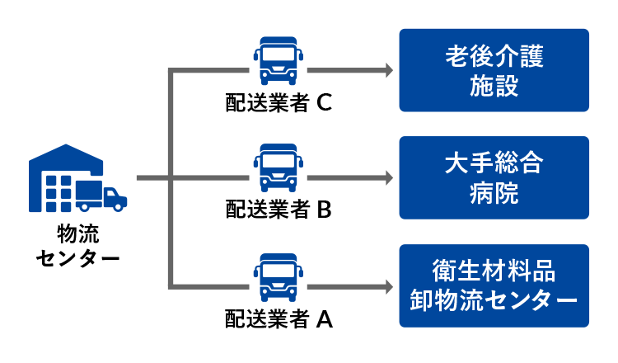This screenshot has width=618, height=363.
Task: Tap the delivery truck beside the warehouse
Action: pyautogui.click(x=102, y=195)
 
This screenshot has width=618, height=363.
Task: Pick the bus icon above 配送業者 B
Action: pyautogui.click(x=279, y=168)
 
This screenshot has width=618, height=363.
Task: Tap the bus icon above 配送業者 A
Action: pyautogui.click(x=279, y=276)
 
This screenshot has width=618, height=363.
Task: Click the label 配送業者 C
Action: pyautogui.click(x=279, y=102)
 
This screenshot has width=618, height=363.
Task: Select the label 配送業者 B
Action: pyautogui.click(x=279, y=210)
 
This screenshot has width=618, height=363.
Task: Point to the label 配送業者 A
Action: pyautogui.click(x=279, y=318)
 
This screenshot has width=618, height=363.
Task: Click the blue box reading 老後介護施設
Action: pyautogui.click(x=494, y=70)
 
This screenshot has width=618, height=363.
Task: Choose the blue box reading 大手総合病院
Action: pyautogui.click(x=494, y=177)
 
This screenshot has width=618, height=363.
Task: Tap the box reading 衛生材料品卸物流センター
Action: pyautogui.click(x=494, y=285)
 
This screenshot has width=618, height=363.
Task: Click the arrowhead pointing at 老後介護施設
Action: pyautogui.click(x=387, y=71)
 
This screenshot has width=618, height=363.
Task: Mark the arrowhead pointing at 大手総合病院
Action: pyautogui.click(x=387, y=178)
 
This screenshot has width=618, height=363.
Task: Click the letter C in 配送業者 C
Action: pyautogui.click(x=324, y=102)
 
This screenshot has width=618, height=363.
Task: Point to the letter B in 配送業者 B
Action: pyautogui.click(x=324, y=210)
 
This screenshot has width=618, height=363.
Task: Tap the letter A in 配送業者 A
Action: pyautogui.click(x=324, y=318)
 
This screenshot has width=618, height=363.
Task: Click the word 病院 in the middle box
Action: pyautogui.click(x=494, y=193)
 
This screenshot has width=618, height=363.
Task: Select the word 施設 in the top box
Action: pyautogui.click(x=494, y=86)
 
